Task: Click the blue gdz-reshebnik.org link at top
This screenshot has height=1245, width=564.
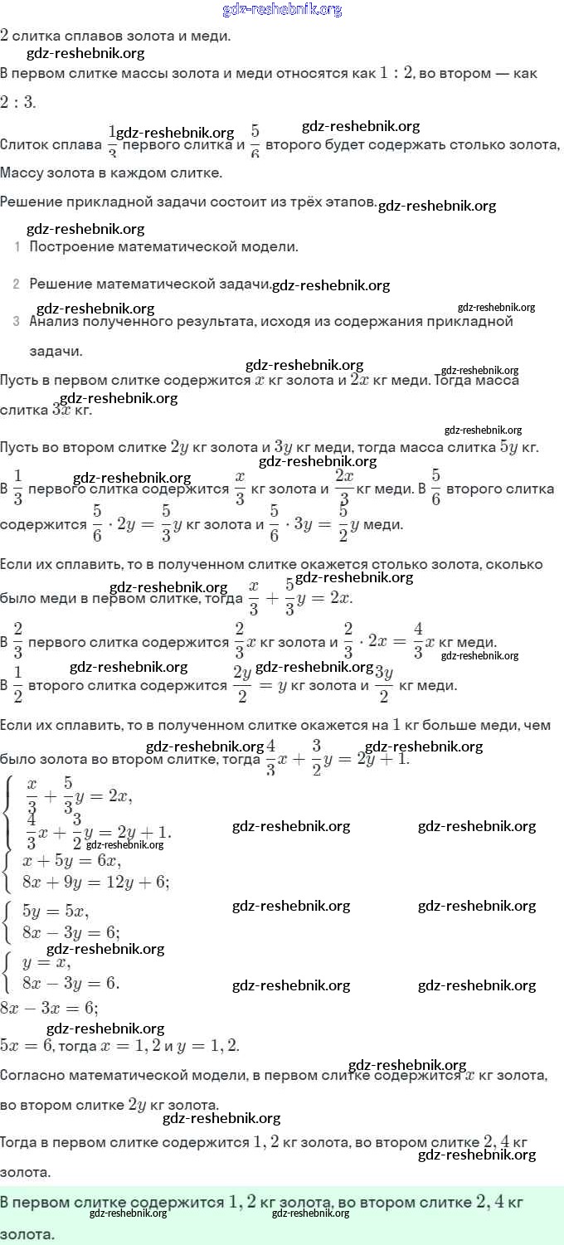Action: point(282,10)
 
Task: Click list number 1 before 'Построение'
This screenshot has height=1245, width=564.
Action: point(17,247)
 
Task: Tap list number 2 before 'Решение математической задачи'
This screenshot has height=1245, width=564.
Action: point(17,285)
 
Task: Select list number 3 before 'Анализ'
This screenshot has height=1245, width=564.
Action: point(17,322)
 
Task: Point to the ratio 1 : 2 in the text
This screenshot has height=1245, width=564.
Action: point(396,73)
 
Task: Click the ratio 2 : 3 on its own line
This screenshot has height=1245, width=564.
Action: point(17,103)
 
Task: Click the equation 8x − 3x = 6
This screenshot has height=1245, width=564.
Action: point(49,1009)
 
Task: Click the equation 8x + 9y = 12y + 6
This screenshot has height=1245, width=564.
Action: point(96,883)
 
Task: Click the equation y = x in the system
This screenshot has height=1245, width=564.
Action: point(46,963)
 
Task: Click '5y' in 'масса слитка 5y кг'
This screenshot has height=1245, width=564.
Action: point(509,448)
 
